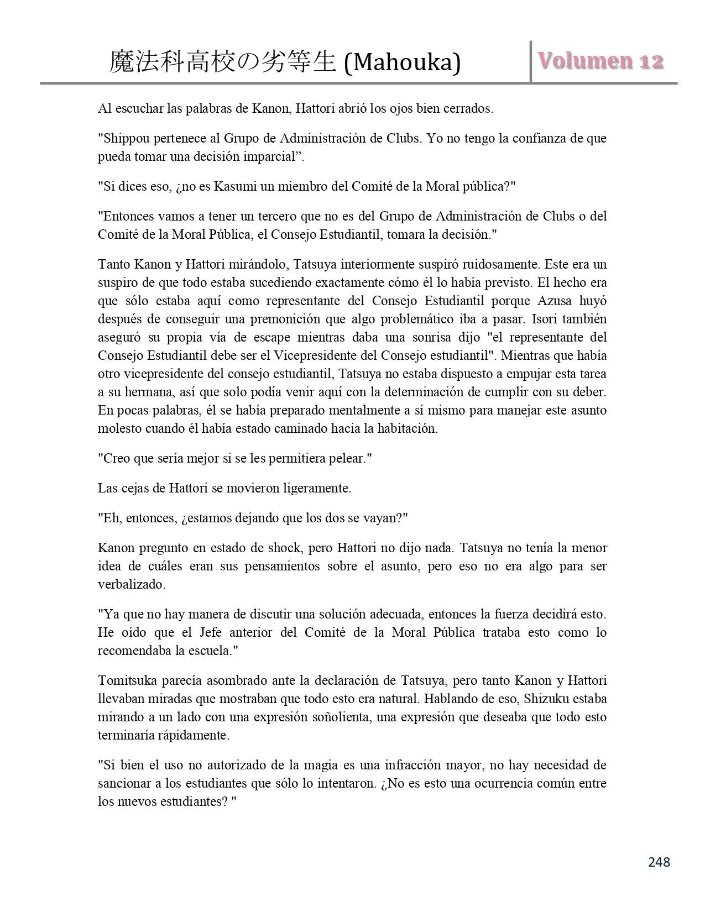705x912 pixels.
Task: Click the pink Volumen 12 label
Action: (x=600, y=61)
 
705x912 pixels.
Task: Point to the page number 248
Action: (x=659, y=862)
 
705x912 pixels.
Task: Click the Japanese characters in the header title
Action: (x=222, y=63)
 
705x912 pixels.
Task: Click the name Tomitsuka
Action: (x=124, y=680)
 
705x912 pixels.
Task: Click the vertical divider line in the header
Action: (x=531, y=62)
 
